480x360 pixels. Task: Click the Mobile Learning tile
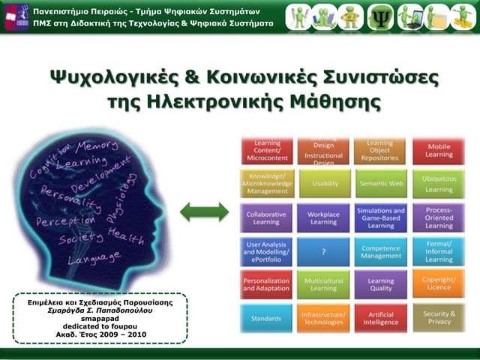[x=439, y=151]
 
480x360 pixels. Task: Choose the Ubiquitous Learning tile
[x=439, y=184]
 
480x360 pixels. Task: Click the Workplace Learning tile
[x=323, y=217]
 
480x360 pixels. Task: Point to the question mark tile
[x=323, y=252]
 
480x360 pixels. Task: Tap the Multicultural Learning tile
[x=323, y=284]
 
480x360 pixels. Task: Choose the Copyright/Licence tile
[x=439, y=284]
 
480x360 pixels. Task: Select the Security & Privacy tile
[x=439, y=318]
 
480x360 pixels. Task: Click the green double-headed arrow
[x=204, y=212]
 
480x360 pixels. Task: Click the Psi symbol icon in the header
[x=379, y=16]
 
